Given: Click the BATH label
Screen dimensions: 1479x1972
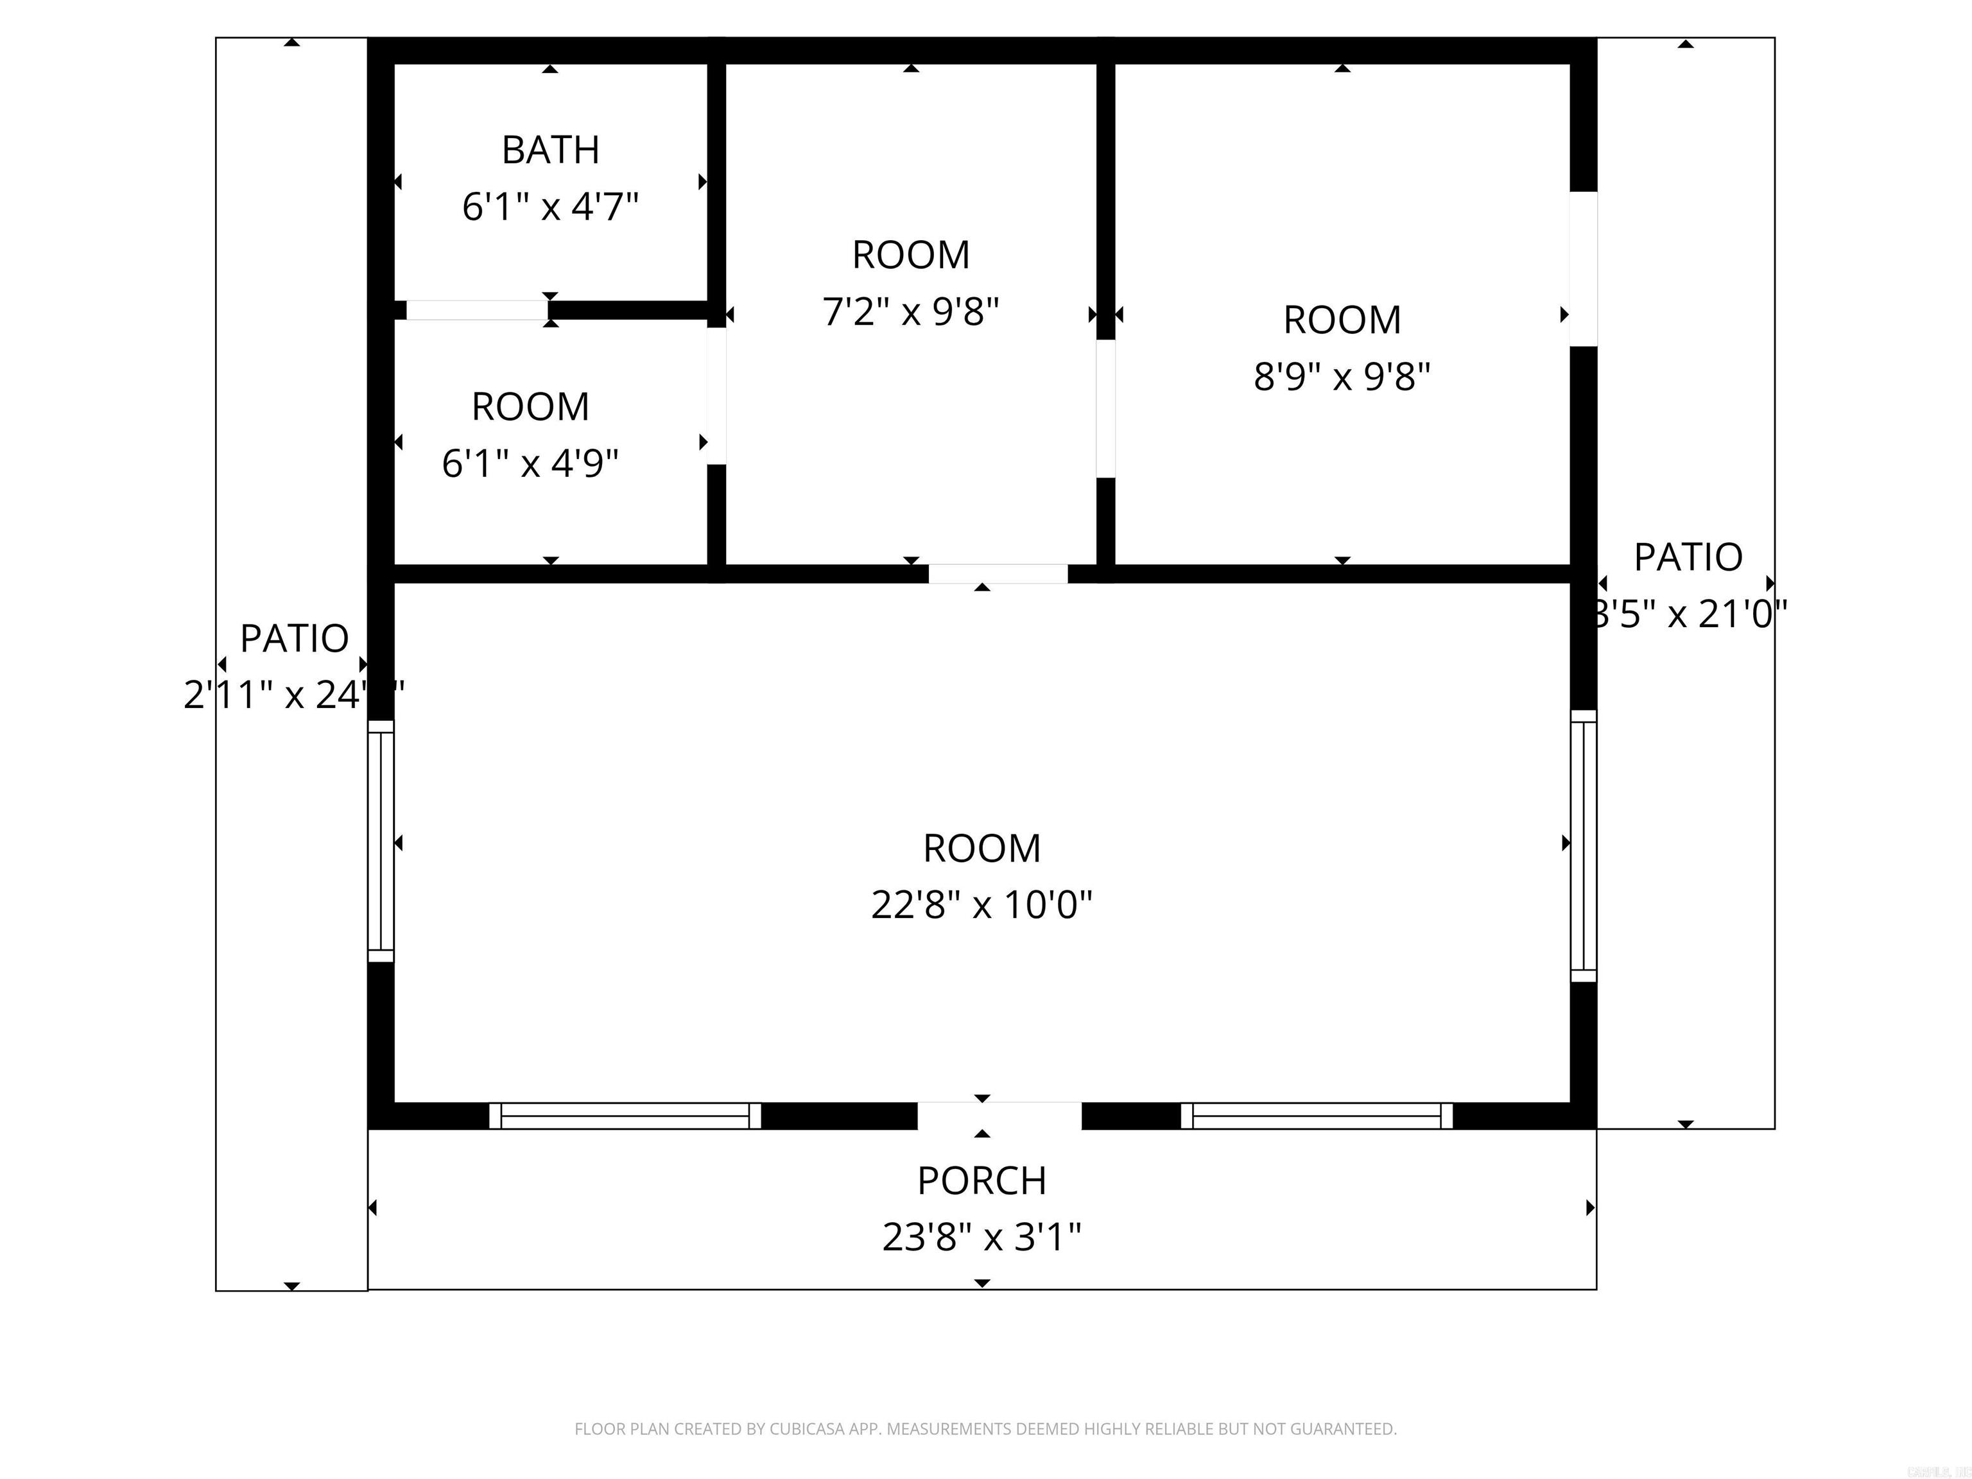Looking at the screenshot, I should pos(550,150).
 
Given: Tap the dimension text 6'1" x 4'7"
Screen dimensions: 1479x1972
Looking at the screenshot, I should pos(550,207).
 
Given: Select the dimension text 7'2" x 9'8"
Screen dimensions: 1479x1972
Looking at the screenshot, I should pos(910,312).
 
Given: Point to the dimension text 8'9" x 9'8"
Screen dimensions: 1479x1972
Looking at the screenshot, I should pos(1342,376).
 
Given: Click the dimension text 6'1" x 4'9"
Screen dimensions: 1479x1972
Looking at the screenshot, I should pos(530,463).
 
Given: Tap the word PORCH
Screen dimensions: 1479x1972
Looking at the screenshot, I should pos(982,1181).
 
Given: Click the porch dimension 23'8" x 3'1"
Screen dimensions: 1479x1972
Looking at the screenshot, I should pos(982,1238).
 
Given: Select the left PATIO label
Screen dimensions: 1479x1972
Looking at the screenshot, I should pos(294,638).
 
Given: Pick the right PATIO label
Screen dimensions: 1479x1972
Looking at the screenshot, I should pos(1688,557).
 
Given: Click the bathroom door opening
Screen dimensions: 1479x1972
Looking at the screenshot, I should pos(477,310).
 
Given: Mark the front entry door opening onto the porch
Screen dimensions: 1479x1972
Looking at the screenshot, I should pos(999,1115).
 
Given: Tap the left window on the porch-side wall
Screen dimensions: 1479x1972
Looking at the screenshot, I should pos(624,1115).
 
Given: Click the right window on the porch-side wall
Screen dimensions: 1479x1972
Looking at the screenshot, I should pos(1316,1115).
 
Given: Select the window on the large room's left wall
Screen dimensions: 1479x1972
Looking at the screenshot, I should pos(381,841).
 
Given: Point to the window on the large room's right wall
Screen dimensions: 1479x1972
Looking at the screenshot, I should pos(1583,846).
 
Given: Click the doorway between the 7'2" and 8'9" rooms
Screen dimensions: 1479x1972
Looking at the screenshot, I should pos(1105,408).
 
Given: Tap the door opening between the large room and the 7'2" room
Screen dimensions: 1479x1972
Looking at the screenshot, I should pos(998,574).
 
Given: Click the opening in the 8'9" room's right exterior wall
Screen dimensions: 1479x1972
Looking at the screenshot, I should pos(1583,268).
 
